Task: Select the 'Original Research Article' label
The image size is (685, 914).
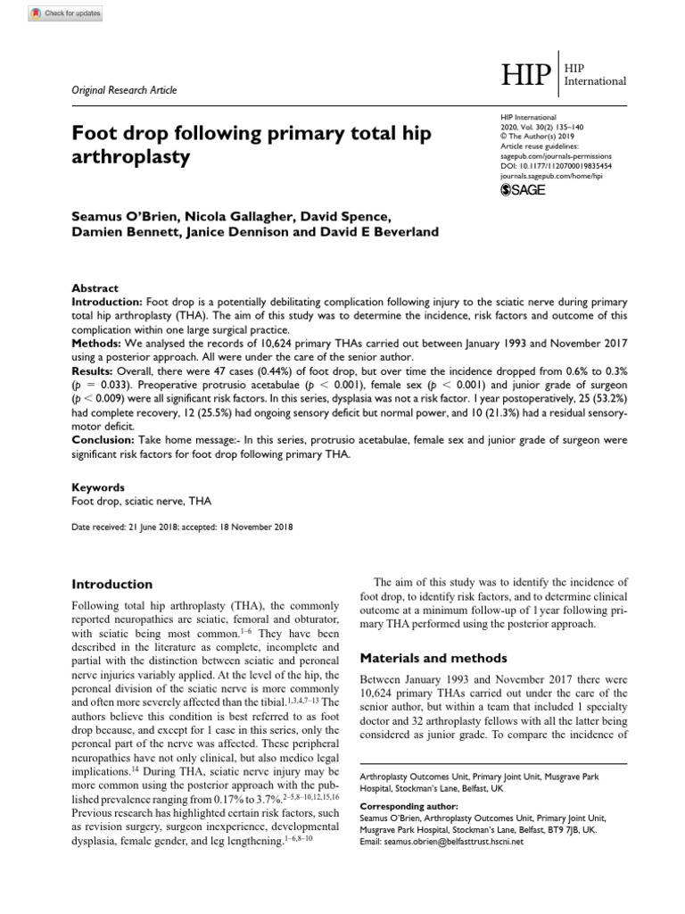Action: tap(124, 90)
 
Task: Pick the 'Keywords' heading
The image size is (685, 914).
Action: tap(98, 488)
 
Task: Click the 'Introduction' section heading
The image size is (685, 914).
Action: tap(111, 585)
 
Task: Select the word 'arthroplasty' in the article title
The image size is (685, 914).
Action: tap(131, 158)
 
